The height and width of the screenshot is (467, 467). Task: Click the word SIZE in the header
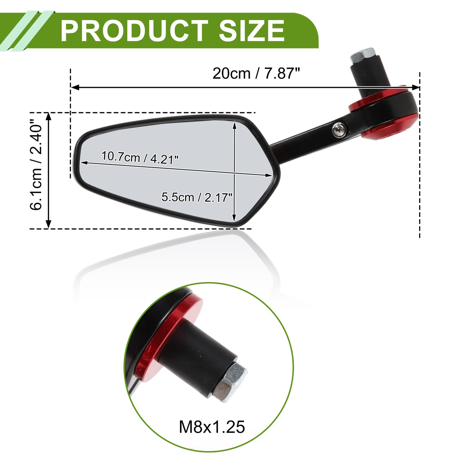point(251,31)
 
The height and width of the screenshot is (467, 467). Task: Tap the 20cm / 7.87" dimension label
point(256,73)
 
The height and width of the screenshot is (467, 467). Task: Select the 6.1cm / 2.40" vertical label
point(36,165)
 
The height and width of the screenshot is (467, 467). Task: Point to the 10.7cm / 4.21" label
point(140,157)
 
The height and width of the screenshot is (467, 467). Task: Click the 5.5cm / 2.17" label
point(196,197)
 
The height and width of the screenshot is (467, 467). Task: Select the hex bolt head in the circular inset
point(230,382)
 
